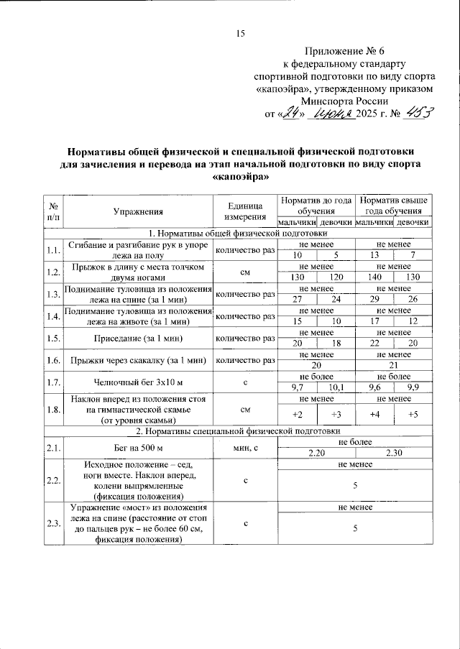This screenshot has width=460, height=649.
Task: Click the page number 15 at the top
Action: (x=241, y=34)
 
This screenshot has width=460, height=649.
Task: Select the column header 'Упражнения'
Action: (x=139, y=211)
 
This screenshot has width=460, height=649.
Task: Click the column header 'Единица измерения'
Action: (x=246, y=211)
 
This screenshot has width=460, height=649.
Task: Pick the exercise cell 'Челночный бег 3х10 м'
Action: (x=139, y=382)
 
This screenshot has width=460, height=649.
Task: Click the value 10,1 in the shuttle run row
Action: (x=336, y=388)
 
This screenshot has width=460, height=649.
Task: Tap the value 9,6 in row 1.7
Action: (x=374, y=388)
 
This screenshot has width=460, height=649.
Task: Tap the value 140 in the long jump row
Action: (x=374, y=277)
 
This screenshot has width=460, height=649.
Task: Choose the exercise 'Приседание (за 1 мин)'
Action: (x=139, y=339)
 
